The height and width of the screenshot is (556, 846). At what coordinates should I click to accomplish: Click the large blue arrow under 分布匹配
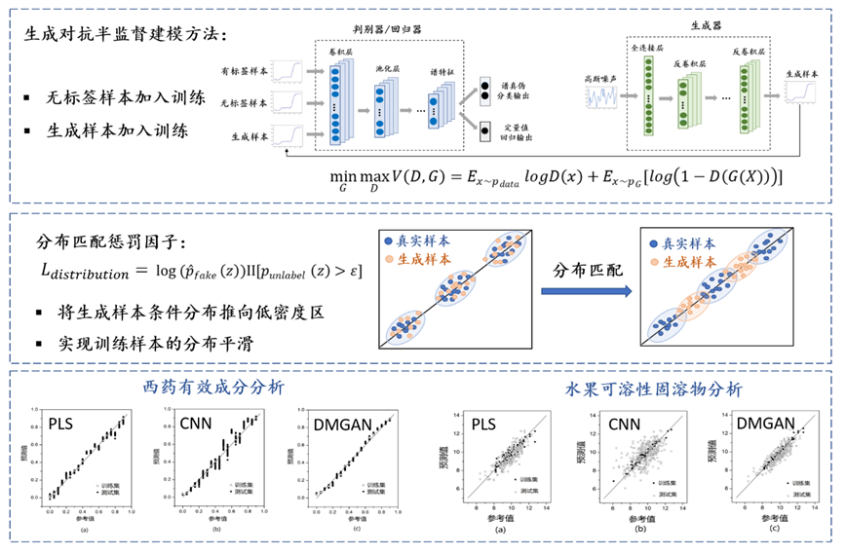tap(578, 289)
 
